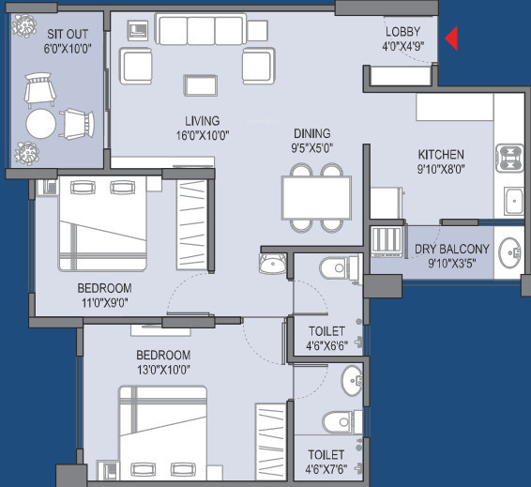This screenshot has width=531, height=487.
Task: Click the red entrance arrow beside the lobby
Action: tap(451, 39)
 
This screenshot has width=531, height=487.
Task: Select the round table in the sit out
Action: tap(41, 124)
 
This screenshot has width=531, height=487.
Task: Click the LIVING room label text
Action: tap(202, 121)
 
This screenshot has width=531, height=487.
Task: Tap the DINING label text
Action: tap(312, 134)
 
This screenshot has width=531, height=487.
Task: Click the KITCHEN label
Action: tap(441, 154)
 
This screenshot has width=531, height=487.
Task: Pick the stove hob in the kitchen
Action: tap(508, 155)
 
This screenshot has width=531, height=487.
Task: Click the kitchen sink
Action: tap(512, 200)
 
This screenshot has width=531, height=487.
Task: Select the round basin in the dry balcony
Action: tap(510, 251)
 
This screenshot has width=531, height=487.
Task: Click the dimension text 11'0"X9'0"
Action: tap(104, 302)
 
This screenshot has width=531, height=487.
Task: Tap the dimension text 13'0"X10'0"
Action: tap(163, 370)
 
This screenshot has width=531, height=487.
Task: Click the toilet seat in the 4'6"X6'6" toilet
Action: tap(335, 269)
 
